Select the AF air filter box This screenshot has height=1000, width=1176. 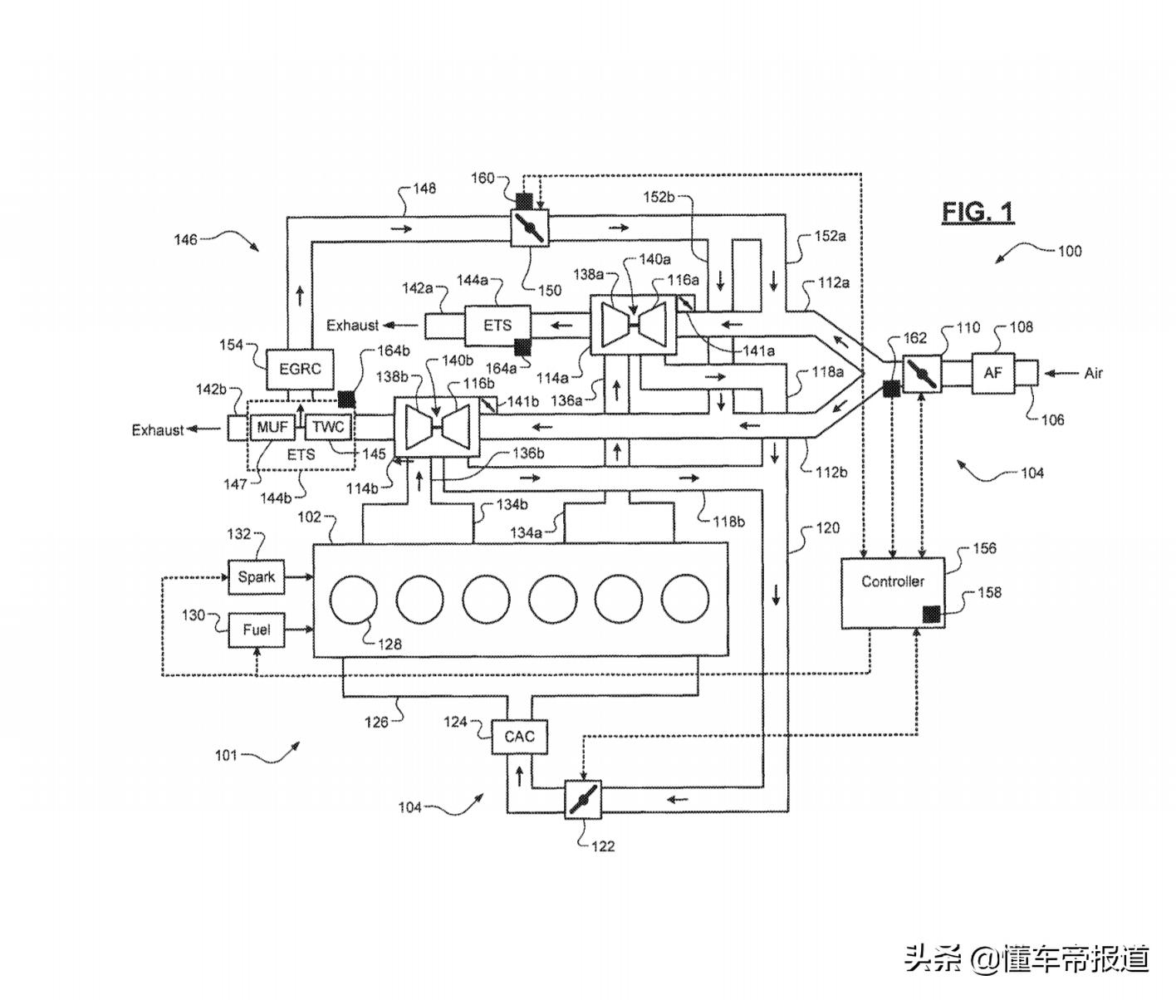(992, 373)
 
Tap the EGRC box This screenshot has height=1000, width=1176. (299, 369)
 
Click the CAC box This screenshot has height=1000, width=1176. (519, 737)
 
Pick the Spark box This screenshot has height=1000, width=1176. (256, 577)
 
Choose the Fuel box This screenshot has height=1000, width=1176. (256, 630)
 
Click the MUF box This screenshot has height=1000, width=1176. (272, 428)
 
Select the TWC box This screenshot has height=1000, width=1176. (328, 428)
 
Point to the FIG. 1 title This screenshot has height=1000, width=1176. (978, 213)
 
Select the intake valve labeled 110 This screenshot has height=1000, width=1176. (921, 374)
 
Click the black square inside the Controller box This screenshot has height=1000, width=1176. (931, 615)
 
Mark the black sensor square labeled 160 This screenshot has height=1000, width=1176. (525, 201)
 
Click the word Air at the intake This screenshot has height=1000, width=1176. (1093, 374)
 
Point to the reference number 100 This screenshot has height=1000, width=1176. (1069, 250)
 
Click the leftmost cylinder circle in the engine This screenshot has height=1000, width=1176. (353, 599)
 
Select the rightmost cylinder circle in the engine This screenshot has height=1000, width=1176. (685, 599)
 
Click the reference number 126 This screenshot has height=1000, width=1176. (376, 722)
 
